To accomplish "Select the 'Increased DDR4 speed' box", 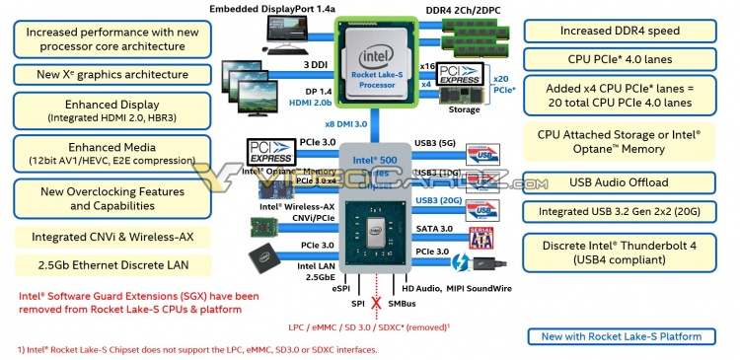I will [x=621, y=31].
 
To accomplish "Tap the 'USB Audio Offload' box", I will [x=620, y=181].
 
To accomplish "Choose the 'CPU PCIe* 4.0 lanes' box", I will [x=621, y=59].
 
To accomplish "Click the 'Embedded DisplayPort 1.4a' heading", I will [x=273, y=8].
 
